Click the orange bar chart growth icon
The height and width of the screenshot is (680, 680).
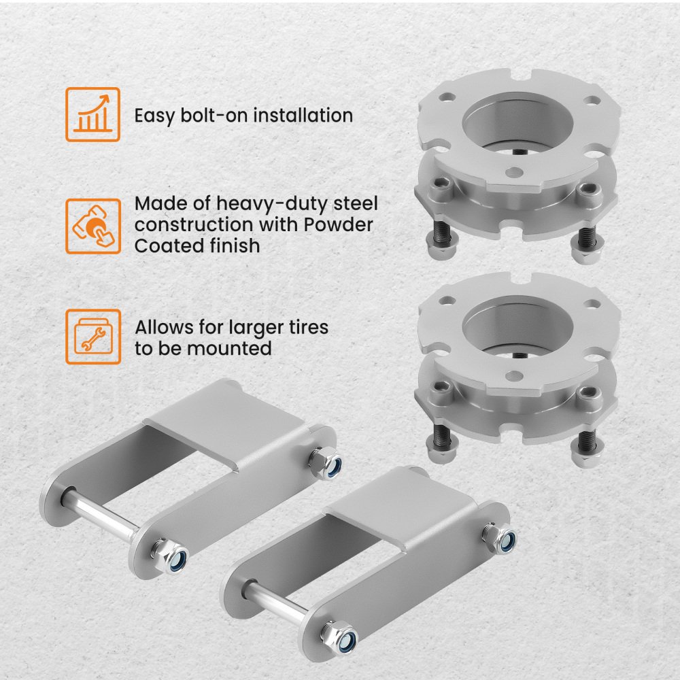coord(92,114)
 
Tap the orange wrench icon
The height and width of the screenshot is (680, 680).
coord(92,337)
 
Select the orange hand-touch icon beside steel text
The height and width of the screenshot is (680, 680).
coord(92,226)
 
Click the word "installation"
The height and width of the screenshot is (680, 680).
coord(303,116)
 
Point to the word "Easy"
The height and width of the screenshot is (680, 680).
coord(154,116)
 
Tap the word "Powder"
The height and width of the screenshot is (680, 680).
coord(338,224)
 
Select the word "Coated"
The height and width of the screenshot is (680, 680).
coord(169,246)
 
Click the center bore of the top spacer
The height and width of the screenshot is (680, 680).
coord(517,124)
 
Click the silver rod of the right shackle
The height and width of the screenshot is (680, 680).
coord(277,602)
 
